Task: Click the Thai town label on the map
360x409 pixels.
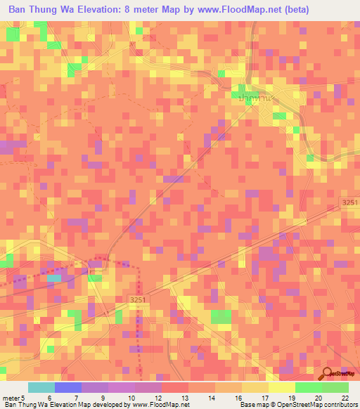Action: click(x=255, y=99)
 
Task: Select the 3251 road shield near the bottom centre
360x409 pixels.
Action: click(x=139, y=301)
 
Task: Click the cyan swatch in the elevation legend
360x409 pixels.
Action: click(x=41, y=387)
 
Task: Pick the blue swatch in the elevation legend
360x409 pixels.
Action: click(x=68, y=387)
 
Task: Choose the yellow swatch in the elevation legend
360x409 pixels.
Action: click(x=282, y=387)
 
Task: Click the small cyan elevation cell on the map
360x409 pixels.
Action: click(x=54, y=279)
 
